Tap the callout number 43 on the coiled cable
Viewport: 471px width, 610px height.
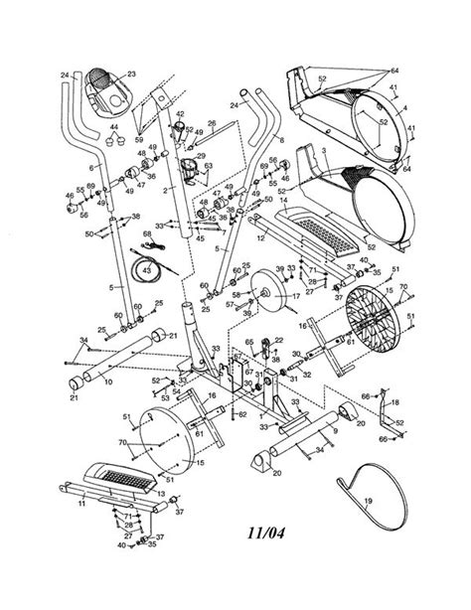(x=146, y=269)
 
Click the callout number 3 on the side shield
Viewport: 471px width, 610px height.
(x=323, y=148)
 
